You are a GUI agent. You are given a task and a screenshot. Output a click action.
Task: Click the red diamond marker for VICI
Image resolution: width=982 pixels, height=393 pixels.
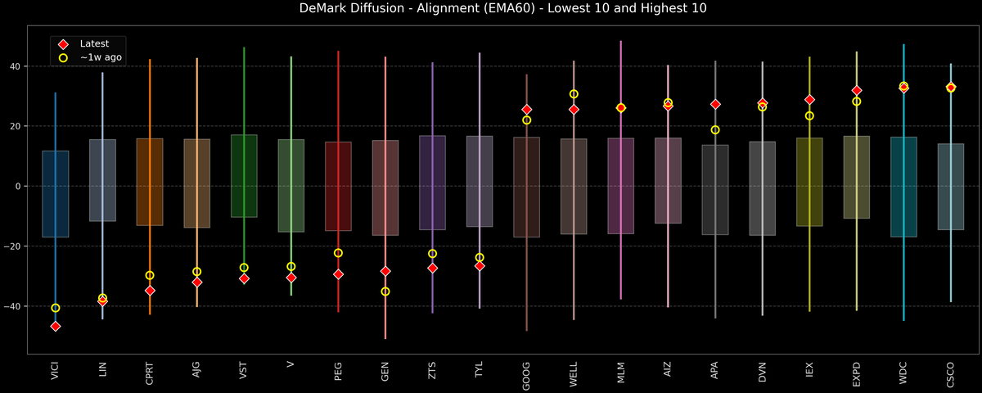click(56, 326)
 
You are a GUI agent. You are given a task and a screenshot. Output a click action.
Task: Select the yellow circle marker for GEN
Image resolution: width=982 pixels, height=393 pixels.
click(385, 291)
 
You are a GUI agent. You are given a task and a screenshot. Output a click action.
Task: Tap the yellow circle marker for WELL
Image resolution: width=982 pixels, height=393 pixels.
click(574, 94)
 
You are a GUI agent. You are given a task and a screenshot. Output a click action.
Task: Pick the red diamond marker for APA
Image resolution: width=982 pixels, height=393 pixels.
click(715, 104)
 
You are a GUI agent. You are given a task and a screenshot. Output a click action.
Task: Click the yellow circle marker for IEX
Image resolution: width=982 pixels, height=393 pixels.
click(809, 115)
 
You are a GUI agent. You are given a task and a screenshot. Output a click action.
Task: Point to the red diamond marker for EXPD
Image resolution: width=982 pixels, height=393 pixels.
click(857, 90)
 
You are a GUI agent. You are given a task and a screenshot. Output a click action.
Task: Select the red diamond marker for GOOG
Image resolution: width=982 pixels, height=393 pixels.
click(527, 109)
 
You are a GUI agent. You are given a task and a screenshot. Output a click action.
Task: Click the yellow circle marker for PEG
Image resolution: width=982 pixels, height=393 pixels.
click(338, 253)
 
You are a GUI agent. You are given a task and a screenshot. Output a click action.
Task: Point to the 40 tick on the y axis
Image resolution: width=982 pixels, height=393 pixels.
click(17, 66)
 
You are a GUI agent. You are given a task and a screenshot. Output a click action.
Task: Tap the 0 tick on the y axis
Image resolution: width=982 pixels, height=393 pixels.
click(20, 187)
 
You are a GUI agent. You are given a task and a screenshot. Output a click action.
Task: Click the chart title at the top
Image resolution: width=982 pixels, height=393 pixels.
click(491, 9)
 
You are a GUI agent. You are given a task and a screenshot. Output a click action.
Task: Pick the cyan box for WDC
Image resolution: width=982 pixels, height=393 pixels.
click(903, 187)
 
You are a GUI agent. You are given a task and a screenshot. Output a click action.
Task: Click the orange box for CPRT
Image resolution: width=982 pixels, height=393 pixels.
click(150, 182)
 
